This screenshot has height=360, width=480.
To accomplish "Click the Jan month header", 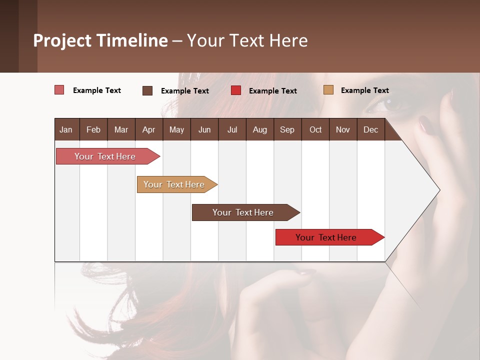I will pos(66,129).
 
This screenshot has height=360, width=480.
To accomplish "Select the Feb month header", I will pos(93,129).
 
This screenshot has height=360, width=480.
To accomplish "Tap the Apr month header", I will pos(148,129).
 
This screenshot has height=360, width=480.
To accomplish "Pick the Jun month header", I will pos(204,129).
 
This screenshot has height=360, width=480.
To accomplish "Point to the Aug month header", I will pos(259,129).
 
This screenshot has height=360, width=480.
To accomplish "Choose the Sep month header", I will pos(287,129).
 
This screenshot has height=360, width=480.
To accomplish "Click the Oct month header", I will pos(315,129).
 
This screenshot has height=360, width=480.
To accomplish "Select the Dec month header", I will pos(370,129).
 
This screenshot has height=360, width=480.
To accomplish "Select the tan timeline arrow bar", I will pos(175,184).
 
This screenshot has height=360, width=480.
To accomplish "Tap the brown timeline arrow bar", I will pos(244,212).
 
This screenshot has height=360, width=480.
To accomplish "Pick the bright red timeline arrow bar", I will pos(327,237).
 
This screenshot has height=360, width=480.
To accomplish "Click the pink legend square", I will pos(59,90).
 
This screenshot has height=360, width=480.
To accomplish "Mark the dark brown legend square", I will pos(147,90).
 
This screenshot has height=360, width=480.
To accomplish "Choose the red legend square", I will pos(236,90).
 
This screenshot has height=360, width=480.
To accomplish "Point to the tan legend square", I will pos(328,90).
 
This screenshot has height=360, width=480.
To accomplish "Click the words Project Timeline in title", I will pos(100,40).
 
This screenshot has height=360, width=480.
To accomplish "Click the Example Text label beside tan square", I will pos(364,90).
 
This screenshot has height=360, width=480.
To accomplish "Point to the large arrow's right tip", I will pos(439,190).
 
